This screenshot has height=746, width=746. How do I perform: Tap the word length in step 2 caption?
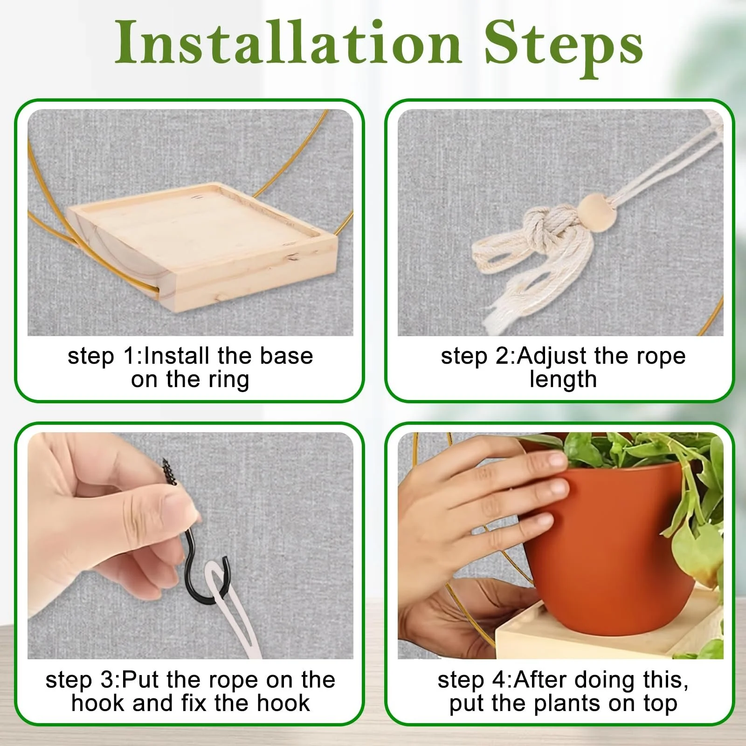(x=563, y=380)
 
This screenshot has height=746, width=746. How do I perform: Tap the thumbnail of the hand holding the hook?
(x=190, y=546)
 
